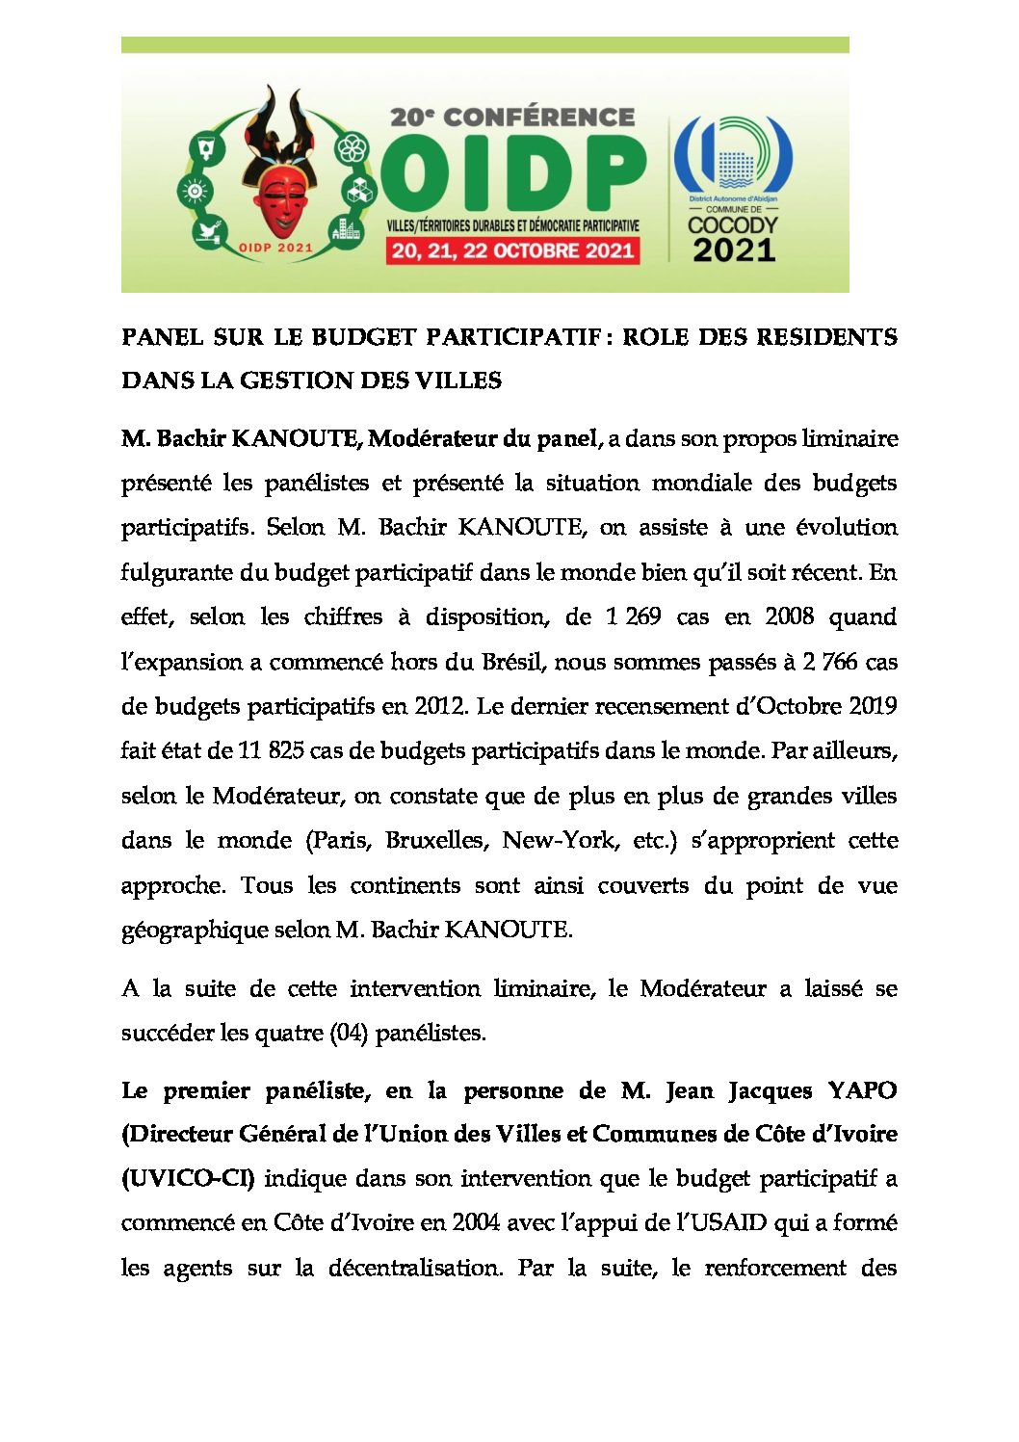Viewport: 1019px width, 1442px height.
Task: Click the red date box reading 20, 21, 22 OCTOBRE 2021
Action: point(512,251)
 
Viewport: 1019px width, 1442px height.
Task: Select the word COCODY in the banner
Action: point(733,225)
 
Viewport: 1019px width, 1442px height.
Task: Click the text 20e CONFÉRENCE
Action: point(512,118)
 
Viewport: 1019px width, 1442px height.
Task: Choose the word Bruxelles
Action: point(436,840)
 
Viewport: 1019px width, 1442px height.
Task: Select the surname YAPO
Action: point(862,1090)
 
